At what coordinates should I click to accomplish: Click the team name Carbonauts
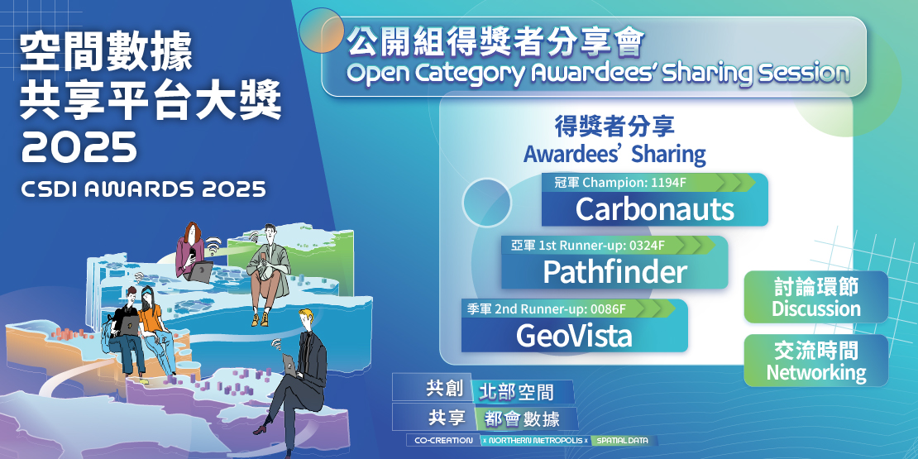pos(654,209)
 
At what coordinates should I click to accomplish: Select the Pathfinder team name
pos(614,271)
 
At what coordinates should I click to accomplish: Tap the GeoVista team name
pos(573,335)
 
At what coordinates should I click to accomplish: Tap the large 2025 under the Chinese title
pos(79,147)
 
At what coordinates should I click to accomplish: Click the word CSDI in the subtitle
pos(48,189)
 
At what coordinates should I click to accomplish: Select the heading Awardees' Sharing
pos(614,154)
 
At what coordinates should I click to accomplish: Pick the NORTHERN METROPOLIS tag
pos(536,441)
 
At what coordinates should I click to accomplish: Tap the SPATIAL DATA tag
pos(624,441)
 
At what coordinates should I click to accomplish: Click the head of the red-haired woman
pos(192,233)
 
